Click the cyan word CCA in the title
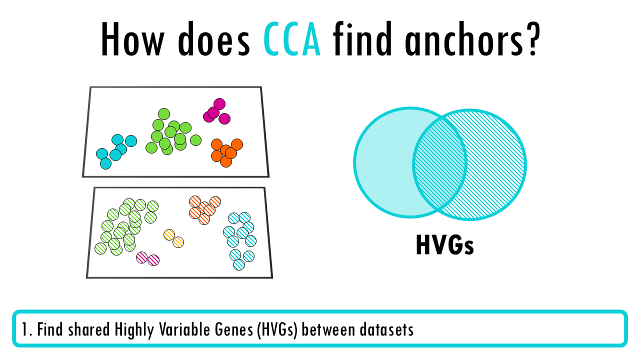[x=292, y=39]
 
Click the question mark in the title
[x=531, y=38]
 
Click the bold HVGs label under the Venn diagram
[x=445, y=244]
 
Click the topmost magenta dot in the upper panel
[x=219, y=104]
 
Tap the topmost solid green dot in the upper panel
[x=164, y=114]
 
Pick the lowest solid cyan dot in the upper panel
[x=105, y=163]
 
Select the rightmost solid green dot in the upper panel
[x=195, y=140]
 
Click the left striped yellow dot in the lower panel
[x=169, y=235]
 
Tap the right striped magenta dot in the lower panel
[x=153, y=260]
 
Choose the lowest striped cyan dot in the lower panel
[x=239, y=264]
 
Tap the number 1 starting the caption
[x=24, y=329]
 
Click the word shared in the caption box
[x=89, y=329]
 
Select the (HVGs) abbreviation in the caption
[x=277, y=330]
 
